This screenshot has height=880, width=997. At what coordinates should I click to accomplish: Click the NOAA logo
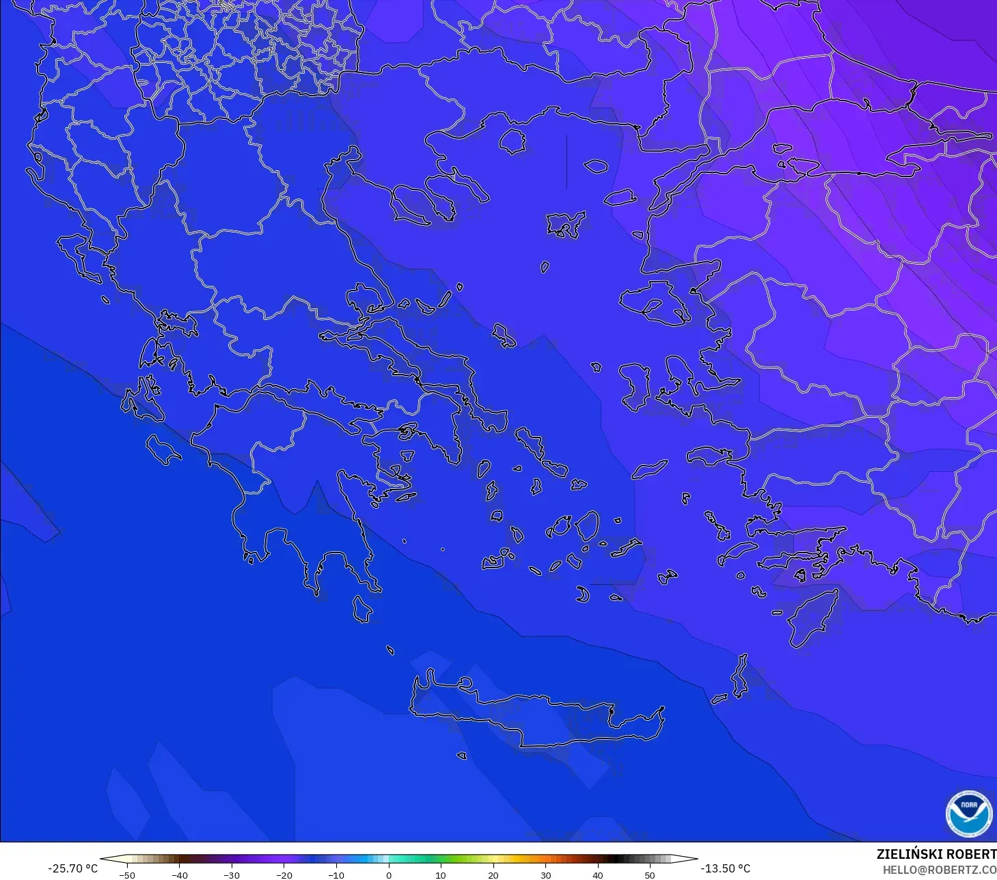point(968,814)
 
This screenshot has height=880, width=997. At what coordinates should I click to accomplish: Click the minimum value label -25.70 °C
point(72,868)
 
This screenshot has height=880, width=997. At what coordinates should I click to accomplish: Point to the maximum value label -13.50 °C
point(725,868)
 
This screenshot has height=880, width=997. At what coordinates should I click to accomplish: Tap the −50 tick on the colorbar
point(127,875)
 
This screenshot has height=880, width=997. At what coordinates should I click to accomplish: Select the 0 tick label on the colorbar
point(388,875)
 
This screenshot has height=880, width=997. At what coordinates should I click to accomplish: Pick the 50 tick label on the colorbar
point(649,875)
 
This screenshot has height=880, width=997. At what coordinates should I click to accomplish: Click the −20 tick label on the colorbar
point(284,875)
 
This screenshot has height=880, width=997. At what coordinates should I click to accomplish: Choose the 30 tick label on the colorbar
point(545,875)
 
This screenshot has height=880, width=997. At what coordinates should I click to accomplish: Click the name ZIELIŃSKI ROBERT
point(936,854)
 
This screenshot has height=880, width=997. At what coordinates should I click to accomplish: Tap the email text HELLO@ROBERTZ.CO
point(939,870)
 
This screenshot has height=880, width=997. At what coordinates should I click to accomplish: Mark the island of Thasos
point(512,142)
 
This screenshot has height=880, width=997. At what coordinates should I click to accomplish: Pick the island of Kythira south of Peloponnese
point(362,609)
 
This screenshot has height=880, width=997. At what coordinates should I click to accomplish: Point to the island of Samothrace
point(595,165)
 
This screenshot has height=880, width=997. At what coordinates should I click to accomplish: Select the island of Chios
point(636,386)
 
